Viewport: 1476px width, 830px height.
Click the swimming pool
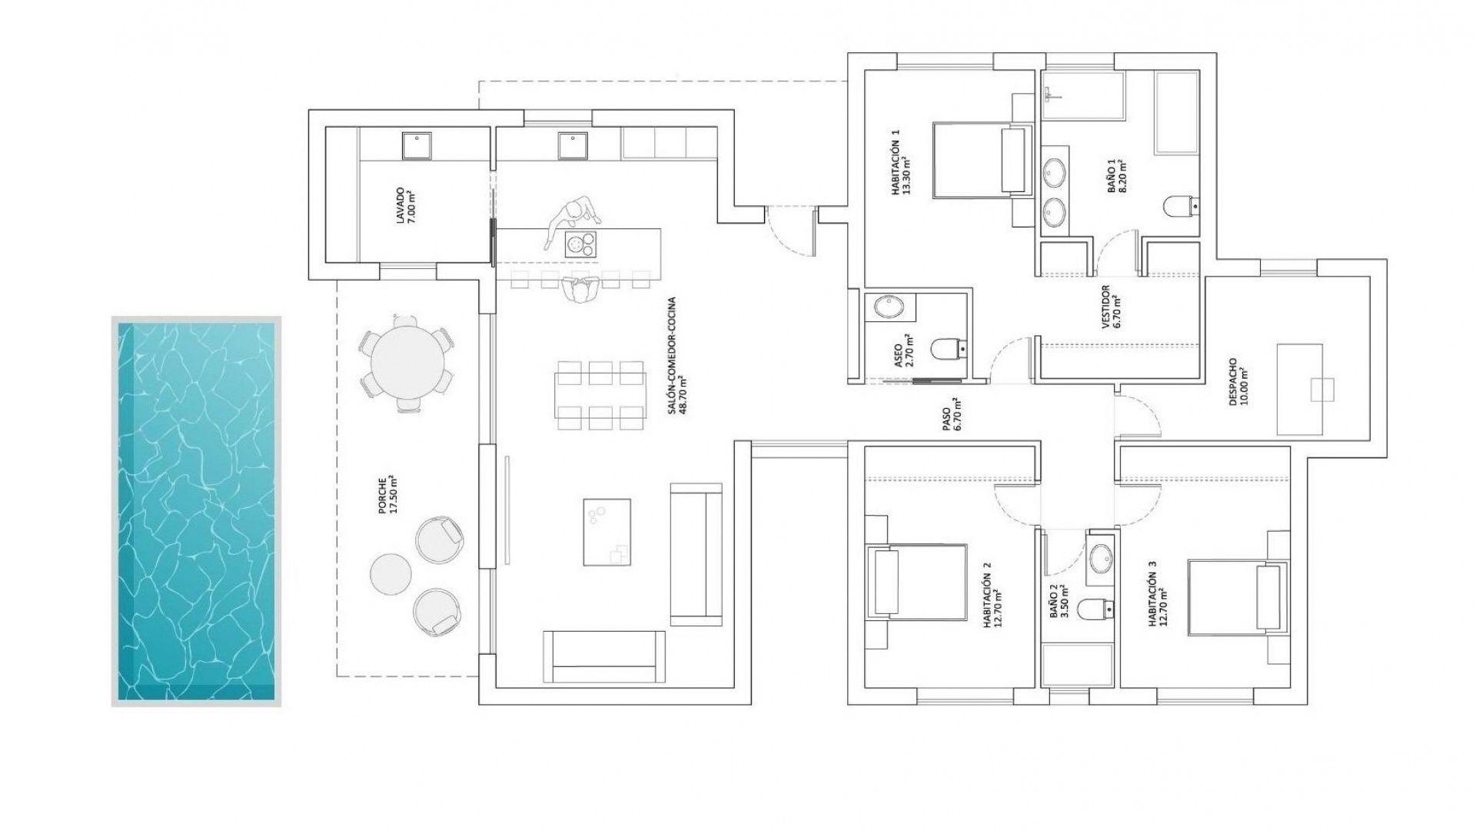(x=196, y=511)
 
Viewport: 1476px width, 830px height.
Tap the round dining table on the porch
(x=407, y=361)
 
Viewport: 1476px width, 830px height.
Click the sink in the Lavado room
(x=417, y=145)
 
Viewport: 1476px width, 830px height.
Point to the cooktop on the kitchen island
(x=580, y=244)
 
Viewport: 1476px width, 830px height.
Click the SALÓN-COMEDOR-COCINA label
(x=676, y=355)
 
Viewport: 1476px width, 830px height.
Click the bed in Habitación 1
(x=981, y=160)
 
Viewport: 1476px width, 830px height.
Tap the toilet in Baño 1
(x=1176, y=206)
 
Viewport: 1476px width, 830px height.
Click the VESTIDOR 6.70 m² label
(x=1111, y=307)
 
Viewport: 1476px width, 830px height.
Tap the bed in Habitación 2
(x=916, y=582)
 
